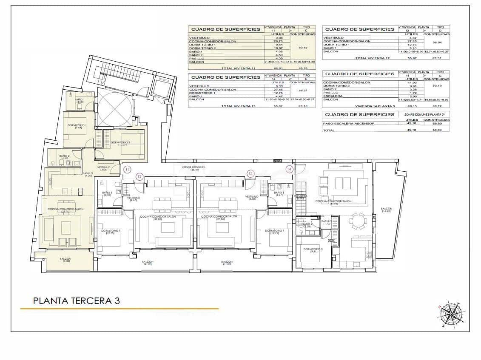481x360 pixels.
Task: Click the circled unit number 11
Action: point(127,170)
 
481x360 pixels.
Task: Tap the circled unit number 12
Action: point(139,176)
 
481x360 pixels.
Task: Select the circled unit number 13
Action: point(251,173)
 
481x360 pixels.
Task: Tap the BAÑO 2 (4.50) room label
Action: point(64,157)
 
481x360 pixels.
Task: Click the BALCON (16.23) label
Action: point(386,210)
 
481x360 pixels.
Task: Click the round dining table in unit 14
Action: point(357,221)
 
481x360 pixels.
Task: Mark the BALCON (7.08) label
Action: point(65,260)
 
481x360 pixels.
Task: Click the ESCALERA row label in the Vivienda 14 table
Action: point(331,96)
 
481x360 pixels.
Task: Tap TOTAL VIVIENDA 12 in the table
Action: point(372,58)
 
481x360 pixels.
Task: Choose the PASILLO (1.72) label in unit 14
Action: point(326,222)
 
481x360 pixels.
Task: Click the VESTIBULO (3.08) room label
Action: point(104,168)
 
